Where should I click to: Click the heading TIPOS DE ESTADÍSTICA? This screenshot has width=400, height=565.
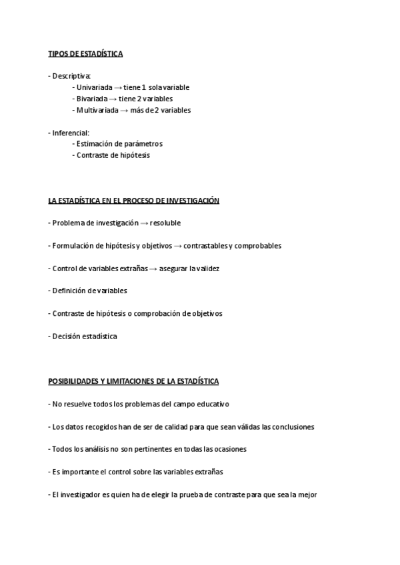[x=85, y=53]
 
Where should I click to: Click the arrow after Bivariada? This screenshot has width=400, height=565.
[x=113, y=99]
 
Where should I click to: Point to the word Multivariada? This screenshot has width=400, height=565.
[x=97, y=110]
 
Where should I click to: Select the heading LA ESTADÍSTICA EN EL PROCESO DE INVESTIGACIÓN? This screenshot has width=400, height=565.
[x=133, y=201]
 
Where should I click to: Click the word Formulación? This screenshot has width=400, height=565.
[x=74, y=246]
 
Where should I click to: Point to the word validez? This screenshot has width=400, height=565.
[x=204, y=269]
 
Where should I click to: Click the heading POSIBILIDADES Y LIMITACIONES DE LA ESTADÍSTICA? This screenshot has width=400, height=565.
[x=133, y=382]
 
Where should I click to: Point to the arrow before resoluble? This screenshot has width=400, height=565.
[x=144, y=223]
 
